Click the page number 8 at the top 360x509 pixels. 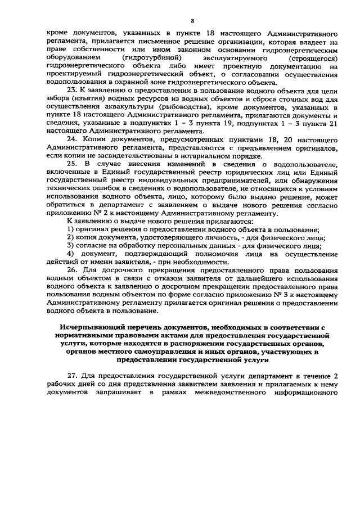(192, 21)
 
